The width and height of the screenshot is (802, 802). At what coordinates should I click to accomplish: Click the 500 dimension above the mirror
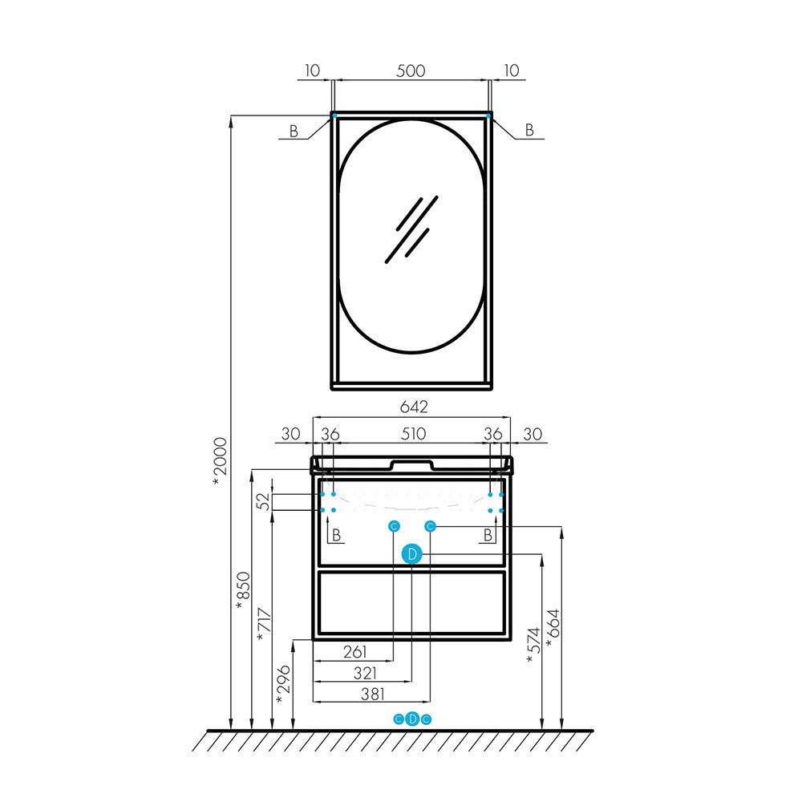(411, 71)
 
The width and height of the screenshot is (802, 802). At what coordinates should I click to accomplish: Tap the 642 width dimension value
(414, 407)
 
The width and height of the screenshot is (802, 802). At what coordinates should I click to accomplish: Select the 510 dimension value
(413, 434)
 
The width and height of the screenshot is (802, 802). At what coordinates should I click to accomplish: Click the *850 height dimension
(243, 590)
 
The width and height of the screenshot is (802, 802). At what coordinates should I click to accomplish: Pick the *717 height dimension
(264, 625)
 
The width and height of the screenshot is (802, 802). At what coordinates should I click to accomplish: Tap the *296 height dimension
(283, 684)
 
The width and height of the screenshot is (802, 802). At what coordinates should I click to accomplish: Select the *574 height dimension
(533, 646)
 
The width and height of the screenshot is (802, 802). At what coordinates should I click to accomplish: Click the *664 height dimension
(553, 629)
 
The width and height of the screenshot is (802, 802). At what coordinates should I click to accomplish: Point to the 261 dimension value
(355, 651)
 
